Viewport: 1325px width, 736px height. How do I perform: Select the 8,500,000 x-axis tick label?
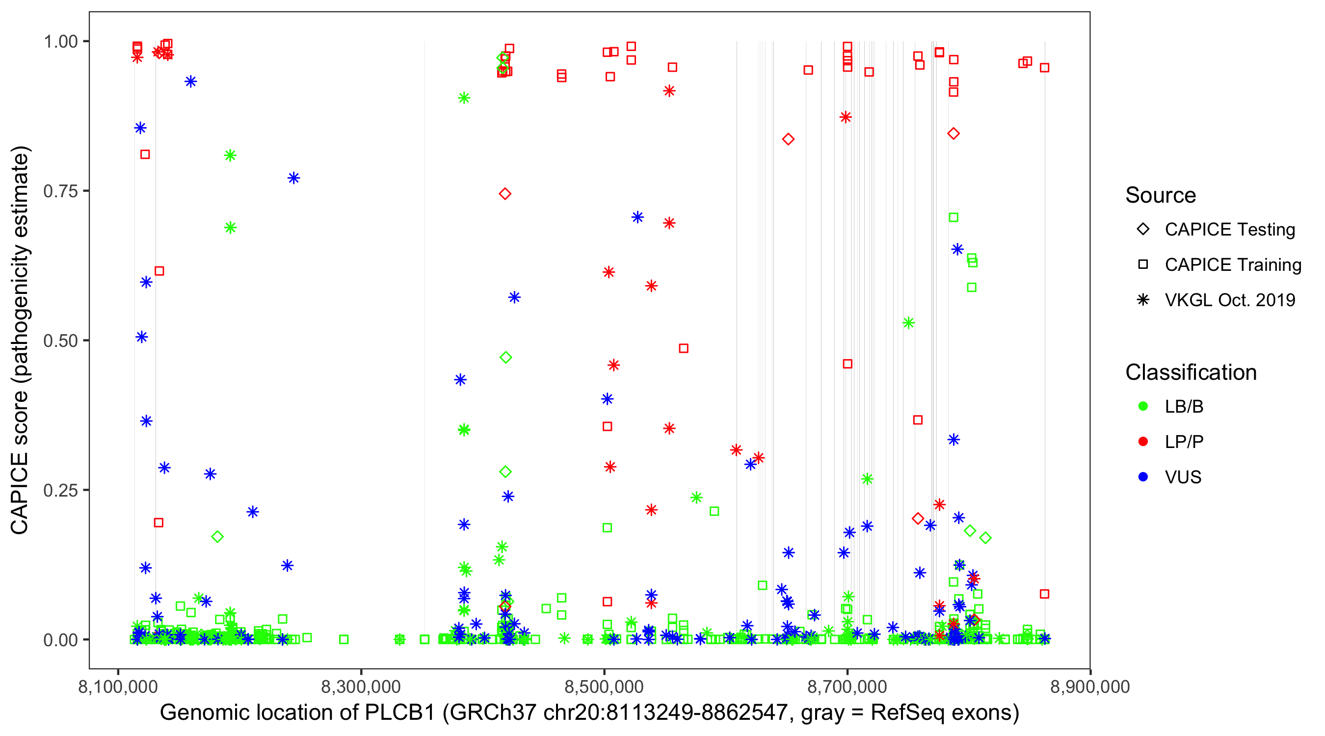pos(604,686)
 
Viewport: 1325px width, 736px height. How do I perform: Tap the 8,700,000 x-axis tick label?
pos(847,686)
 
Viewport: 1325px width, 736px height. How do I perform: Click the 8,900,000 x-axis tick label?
pos(1089,686)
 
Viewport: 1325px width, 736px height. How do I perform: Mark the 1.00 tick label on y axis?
pos(60,42)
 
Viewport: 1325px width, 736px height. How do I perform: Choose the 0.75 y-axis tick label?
pos(60,191)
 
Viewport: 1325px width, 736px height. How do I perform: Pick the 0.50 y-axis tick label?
pos(60,341)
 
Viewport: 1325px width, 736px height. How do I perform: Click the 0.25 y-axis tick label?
pos(60,490)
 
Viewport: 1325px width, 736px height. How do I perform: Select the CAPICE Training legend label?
pos(1232,265)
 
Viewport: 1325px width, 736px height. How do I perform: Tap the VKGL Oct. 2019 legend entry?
pos(1229,300)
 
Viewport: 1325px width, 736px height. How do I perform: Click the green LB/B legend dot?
pos(1143,406)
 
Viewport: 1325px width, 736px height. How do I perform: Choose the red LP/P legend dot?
pos(1143,442)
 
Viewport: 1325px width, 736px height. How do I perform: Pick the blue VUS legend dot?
pos(1143,477)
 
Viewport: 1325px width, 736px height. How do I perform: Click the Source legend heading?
pos(1161,195)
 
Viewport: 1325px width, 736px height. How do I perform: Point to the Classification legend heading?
pos(1190,372)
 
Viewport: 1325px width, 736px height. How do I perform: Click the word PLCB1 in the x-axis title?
pos(399,713)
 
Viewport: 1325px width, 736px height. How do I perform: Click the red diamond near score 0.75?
pos(504,194)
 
